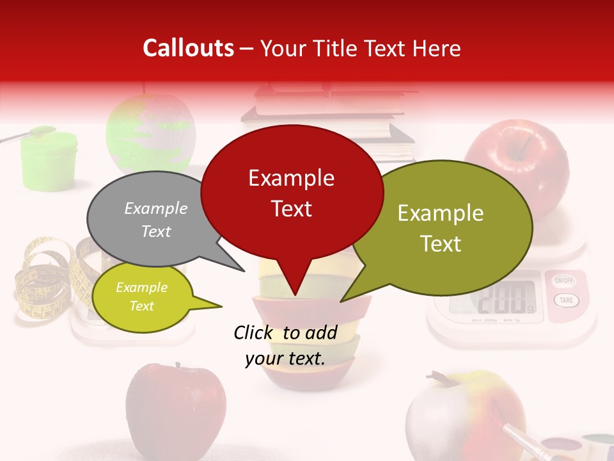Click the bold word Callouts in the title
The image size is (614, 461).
pos(188,48)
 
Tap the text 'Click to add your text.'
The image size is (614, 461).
pos(285,346)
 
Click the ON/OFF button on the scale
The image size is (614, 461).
pos(564,281)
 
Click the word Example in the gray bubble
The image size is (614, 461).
pos(156,208)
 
